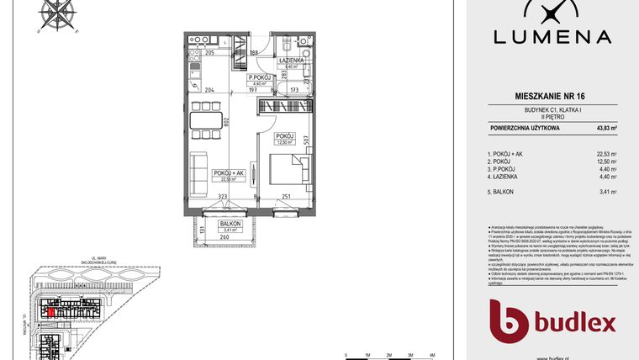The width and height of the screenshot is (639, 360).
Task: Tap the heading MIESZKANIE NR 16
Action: coord(550,98)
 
